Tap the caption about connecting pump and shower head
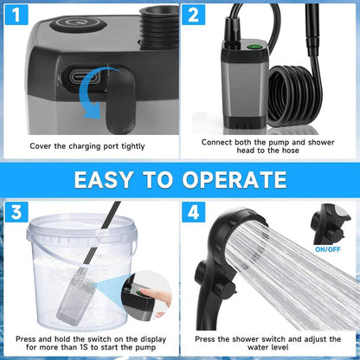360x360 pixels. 268,145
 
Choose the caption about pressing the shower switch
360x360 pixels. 268,344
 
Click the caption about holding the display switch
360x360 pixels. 89,344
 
